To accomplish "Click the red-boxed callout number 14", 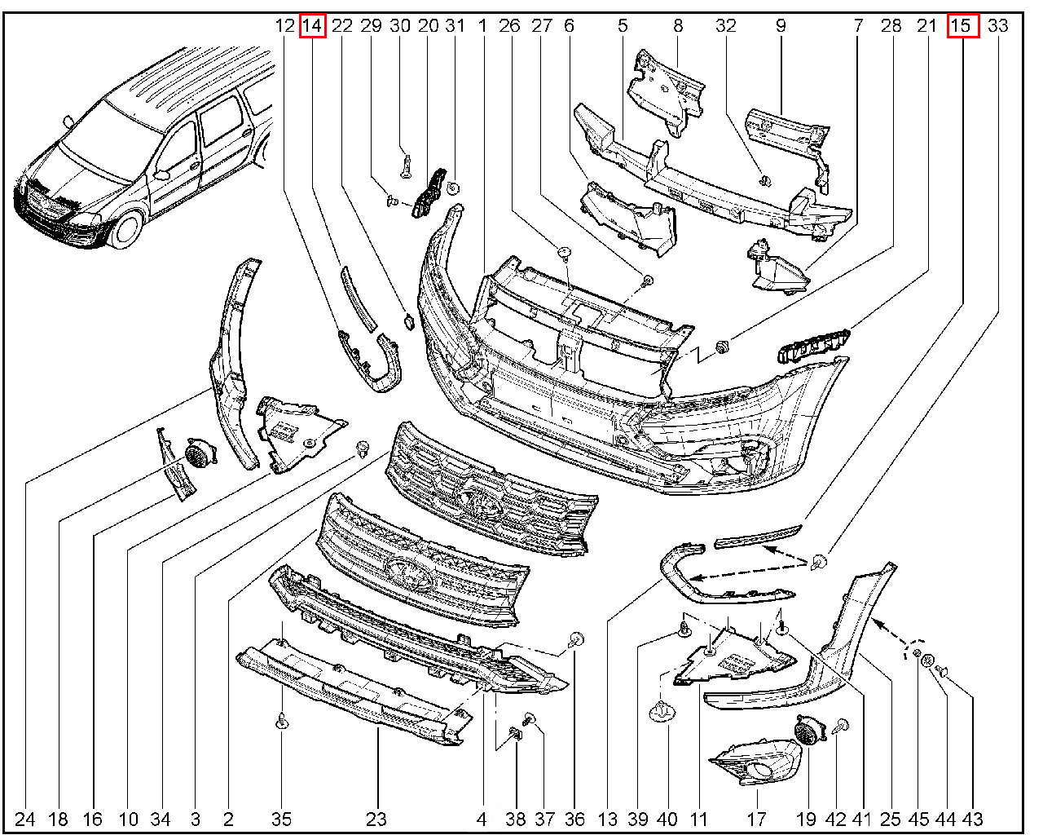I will click(x=312, y=26).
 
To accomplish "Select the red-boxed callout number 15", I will click(x=962, y=26).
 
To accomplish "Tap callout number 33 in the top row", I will click(x=997, y=26).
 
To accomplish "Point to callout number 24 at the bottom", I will click(x=25, y=819).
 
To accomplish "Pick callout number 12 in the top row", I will click(x=284, y=26).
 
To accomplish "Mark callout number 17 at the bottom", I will click(x=756, y=819).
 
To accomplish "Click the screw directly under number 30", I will click(x=405, y=165).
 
